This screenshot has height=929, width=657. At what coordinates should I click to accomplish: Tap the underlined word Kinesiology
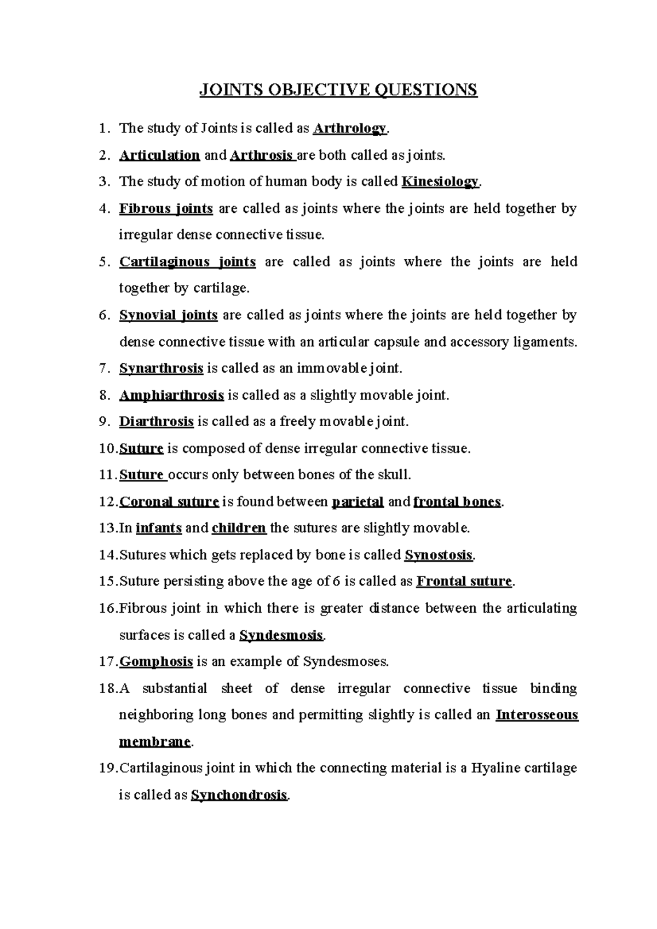[x=440, y=182]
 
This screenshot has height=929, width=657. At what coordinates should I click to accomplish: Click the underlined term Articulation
[x=159, y=155]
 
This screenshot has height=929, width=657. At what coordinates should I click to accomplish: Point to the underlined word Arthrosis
[x=262, y=155]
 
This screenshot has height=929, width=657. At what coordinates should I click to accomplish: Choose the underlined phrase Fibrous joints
[x=166, y=208]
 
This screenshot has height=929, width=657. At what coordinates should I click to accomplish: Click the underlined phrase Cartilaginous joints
[x=187, y=262]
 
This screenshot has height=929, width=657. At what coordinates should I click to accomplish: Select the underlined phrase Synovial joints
[x=168, y=315]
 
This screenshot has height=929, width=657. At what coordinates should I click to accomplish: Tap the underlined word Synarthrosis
[x=161, y=368]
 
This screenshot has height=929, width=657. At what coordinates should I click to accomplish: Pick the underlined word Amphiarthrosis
[x=171, y=395]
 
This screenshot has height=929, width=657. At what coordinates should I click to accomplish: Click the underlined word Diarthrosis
[x=157, y=422]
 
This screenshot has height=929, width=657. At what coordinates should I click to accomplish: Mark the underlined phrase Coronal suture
[x=169, y=502]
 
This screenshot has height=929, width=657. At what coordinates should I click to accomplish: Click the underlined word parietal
[x=358, y=502]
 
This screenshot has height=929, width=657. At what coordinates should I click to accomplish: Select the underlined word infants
[x=159, y=528]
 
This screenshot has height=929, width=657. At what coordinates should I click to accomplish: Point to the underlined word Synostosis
[x=438, y=555]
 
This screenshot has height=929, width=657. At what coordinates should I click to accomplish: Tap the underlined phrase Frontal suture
[x=464, y=582]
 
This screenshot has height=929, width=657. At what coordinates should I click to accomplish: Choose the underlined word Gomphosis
[x=156, y=662]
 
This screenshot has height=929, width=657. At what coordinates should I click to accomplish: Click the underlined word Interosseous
[x=537, y=715]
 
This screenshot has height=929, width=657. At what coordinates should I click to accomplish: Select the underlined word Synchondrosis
[x=239, y=795]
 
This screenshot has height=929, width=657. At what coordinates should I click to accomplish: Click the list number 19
[x=107, y=768]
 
